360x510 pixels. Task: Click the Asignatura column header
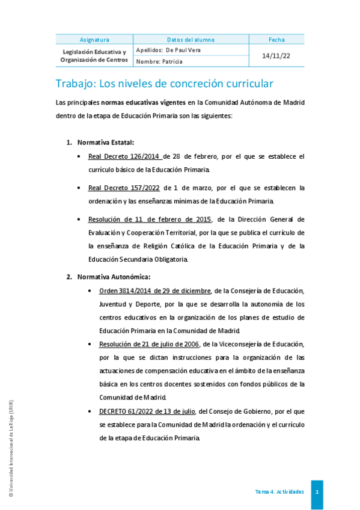point(94,40)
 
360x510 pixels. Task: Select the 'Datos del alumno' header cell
point(191,40)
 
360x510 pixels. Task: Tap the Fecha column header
point(276,40)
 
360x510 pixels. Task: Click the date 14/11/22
point(276,55)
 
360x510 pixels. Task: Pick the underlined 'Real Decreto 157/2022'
point(124,188)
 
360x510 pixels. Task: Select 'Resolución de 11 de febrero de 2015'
point(150,219)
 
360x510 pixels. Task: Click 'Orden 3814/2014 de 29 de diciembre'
point(155,291)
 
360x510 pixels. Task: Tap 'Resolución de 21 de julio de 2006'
point(149,344)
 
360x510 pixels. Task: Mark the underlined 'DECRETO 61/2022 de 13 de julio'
point(147,411)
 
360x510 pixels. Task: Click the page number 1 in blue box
point(317,492)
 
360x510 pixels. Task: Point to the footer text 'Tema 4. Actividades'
point(279,492)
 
